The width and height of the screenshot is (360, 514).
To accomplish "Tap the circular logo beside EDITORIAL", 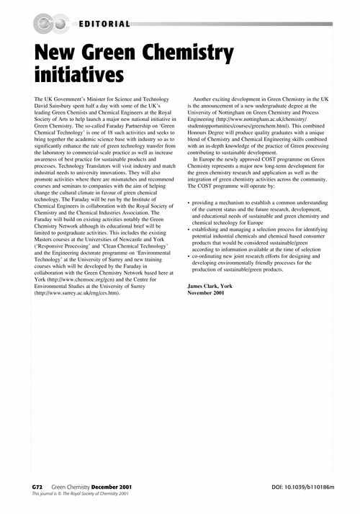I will (51, 24).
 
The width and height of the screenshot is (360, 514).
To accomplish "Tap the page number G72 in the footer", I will (40, 487).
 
